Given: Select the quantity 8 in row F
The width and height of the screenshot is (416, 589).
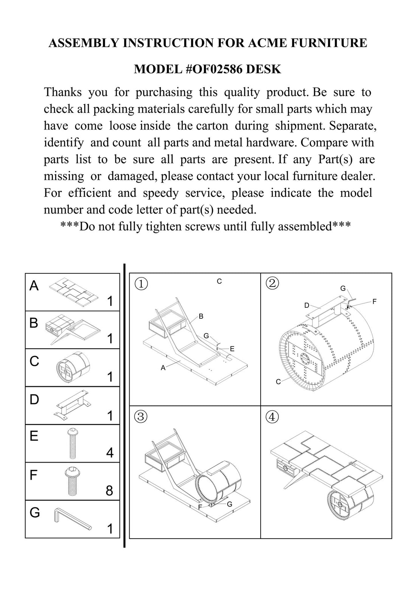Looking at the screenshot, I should click(109, 491).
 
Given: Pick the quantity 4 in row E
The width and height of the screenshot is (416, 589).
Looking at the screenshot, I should click(110, 452).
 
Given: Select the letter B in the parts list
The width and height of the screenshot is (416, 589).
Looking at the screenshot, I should click(34, 323).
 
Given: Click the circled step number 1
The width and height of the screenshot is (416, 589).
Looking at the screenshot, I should click(141, 284).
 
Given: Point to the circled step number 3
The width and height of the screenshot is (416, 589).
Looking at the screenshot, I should click(141, 417).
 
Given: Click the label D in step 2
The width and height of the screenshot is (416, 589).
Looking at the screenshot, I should click(307, 305).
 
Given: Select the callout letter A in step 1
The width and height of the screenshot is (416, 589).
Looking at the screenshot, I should click(163, 367).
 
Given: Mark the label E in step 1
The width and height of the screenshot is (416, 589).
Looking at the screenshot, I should click(232, 349).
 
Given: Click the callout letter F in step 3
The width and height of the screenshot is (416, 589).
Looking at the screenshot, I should click(200, 507).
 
